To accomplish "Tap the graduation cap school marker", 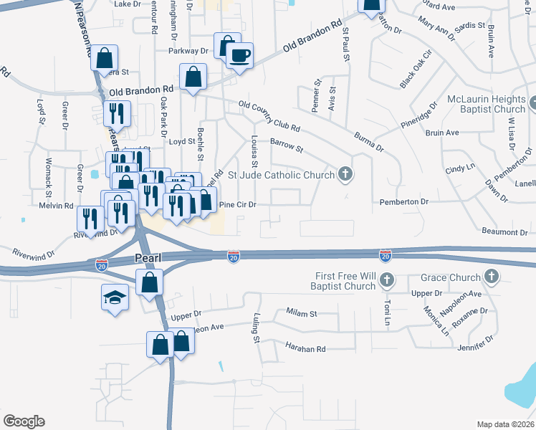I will point(115,297).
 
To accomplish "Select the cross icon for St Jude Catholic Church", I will point(345,173).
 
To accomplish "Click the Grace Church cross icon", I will point(492,276).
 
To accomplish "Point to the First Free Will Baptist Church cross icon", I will point(386,279).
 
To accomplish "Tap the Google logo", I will point(24,421).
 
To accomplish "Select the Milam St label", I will point(301,313).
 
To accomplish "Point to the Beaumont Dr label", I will point(504,232).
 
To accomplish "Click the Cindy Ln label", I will point(460,170).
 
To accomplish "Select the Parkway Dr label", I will point(188,52).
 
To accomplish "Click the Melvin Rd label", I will point(57,206).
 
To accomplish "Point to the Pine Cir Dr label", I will point(237,204).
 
